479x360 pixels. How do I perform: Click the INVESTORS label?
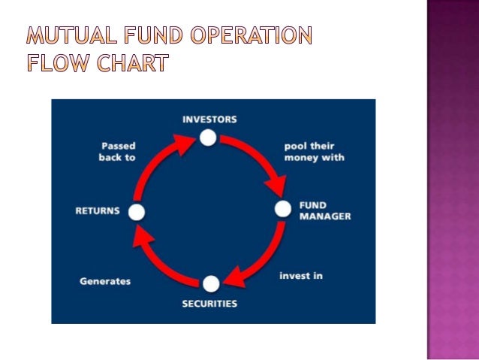click(209, 119)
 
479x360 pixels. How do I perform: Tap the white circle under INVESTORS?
click(208, 138)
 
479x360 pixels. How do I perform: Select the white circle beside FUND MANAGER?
click(282, 209)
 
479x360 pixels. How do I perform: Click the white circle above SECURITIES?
click(211, 283)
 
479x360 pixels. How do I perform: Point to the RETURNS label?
click(98, 211)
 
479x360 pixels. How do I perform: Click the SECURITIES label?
click(209, 304)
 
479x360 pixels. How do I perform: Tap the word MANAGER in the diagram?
click(325, 216)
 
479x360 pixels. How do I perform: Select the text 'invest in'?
click(301, 276)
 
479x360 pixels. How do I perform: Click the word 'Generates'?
click(105, 281)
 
